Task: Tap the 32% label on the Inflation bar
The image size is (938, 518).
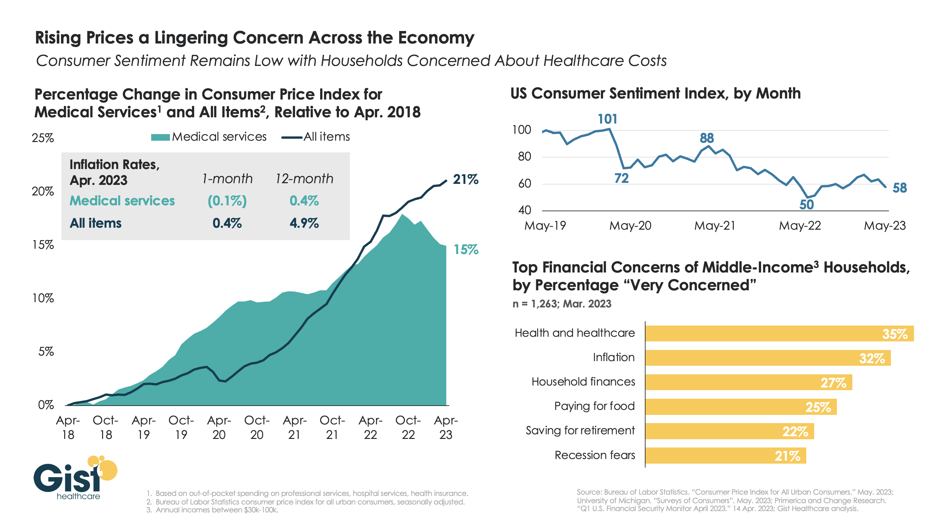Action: (871, 359)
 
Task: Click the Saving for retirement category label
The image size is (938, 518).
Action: (580, 431)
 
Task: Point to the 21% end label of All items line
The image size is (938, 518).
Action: (465, 179)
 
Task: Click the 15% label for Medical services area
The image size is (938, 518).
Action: (466, 249)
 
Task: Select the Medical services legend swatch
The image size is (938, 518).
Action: (160, 137)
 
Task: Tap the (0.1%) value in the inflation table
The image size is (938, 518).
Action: (227, 201)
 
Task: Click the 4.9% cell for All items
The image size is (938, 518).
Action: (304, 223)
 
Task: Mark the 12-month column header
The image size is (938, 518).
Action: (304, 179)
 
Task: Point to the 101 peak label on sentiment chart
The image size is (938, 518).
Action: (607, 119)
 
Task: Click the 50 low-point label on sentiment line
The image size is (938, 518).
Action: (806, 205)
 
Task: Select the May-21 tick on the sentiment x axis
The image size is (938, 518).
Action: (714, 226)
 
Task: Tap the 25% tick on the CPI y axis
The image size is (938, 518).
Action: (42, 138)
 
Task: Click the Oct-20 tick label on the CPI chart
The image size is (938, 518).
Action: (257, 427)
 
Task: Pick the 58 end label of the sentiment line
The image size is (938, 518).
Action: (899, 188)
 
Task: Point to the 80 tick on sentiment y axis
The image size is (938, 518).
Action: (524, 157)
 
